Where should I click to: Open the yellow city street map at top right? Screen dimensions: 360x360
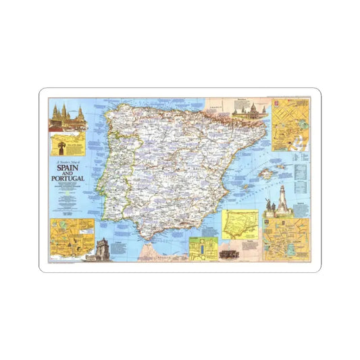point(289,125)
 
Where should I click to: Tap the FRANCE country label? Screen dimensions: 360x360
point(215,107)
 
